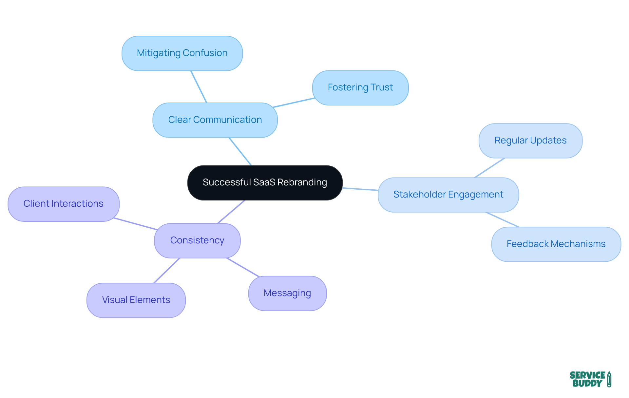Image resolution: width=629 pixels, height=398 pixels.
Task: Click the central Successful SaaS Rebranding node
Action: (x=265, y=183)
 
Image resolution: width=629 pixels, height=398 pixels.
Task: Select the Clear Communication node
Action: (x=215, y=120)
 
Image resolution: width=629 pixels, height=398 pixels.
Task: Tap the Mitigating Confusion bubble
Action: (x=182, y=53)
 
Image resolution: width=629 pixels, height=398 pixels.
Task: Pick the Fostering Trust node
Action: (x=360, y=88)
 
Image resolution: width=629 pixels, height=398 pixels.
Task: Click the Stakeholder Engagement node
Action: (x=448, y=195)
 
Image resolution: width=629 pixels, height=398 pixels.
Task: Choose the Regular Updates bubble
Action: (x=530, y=141)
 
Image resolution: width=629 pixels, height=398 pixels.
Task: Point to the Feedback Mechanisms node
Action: (x=556, y=244)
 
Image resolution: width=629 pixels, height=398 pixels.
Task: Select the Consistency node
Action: (x=197, y=241)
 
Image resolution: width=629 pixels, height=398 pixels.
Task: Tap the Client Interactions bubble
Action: (x=64, y=204)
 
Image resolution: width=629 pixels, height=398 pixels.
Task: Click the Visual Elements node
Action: (x=136, y=300)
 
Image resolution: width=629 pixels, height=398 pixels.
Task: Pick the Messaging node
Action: (x=287, y=294)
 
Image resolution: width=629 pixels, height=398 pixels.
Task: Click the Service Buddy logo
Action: (x=590, y=379)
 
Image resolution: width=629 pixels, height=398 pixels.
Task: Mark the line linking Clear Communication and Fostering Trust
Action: (x=294, y=103)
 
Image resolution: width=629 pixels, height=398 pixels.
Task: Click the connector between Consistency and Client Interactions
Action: (x=136, y=224)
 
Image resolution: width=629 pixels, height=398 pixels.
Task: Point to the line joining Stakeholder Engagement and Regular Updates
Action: (x=489, y=168)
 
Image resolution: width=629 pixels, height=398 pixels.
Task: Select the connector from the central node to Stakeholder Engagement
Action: (x=360, y=189)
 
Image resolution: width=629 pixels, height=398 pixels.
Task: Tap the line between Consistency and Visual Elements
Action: (x=167, y=271)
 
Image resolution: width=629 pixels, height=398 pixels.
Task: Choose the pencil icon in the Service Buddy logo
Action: (x=609, y=379)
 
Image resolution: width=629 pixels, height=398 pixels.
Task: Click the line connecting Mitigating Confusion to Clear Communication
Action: (x=199, y=87)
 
